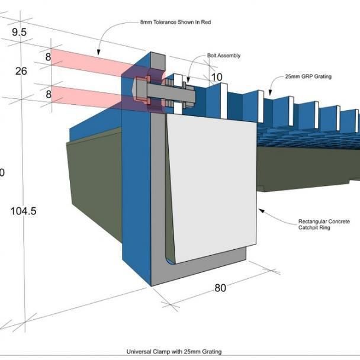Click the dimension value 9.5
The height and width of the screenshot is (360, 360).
tap(20, 32)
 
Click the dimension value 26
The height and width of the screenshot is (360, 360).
tap(21, 71)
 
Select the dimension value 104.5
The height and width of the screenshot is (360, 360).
tap(24, 210)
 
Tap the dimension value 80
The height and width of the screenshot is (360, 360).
tap(220, 288)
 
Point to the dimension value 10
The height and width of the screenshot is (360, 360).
tap(217, 78)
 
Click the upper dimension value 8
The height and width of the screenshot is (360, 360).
tap(49, 57)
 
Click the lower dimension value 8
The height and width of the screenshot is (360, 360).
tap(49, 94)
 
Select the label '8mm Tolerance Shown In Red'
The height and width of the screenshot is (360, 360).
tap(175, 22)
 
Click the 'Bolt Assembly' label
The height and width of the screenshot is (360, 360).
tap(224, 56)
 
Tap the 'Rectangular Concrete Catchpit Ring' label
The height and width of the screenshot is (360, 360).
tap(324, 225)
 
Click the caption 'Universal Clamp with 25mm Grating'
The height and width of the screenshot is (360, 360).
tap(174, 352)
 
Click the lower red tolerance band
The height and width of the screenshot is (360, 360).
tap(89, 97)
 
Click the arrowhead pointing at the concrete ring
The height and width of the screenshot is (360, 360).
tap(259, 209)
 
